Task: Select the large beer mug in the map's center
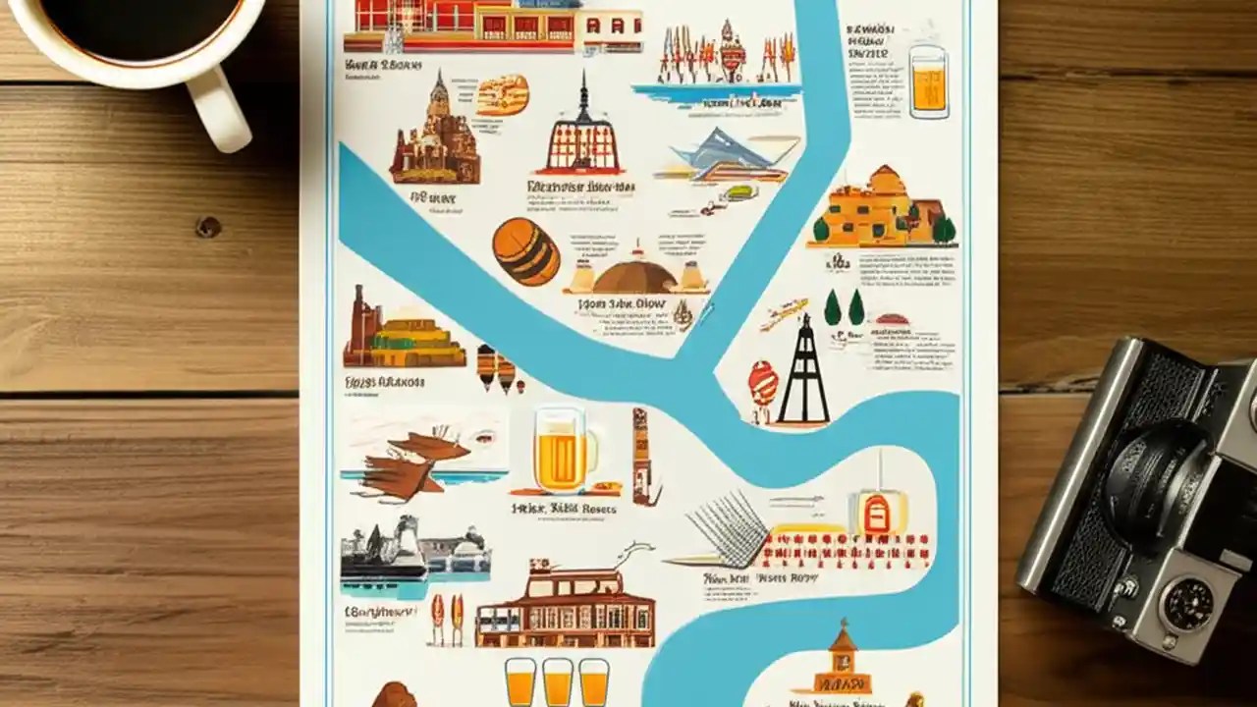[561, 451]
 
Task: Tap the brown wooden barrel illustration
[525, 251]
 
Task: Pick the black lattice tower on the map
[803, 372]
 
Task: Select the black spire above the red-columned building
[581, 98]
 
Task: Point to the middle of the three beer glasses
[557, 681]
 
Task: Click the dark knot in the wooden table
[208, 227]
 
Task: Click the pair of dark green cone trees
[845, 308]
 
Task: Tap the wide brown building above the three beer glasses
[565, 609]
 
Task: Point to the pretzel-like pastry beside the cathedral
[503, 95]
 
